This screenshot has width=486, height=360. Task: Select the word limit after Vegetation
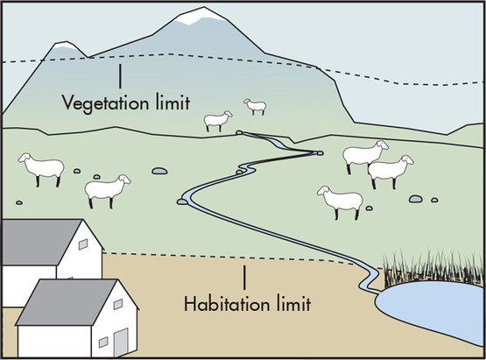[173, 102]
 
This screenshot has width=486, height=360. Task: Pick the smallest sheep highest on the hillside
[256, 107]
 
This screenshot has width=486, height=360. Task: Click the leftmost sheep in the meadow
[41, 168]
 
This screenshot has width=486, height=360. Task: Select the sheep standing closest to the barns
[107, 191]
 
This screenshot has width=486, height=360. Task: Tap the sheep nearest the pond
[340, 201]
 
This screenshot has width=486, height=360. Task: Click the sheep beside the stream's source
[218, 121]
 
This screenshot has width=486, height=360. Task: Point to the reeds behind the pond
[433, 268]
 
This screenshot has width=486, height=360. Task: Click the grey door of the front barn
[121, 342]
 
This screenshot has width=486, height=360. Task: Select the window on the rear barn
[83, 244]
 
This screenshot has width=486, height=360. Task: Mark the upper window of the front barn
[118, 304]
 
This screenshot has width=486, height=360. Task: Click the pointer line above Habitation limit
[244, 278]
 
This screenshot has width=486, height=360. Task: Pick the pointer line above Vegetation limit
[120, 76]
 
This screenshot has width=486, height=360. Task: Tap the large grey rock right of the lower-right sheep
[416, 199]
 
